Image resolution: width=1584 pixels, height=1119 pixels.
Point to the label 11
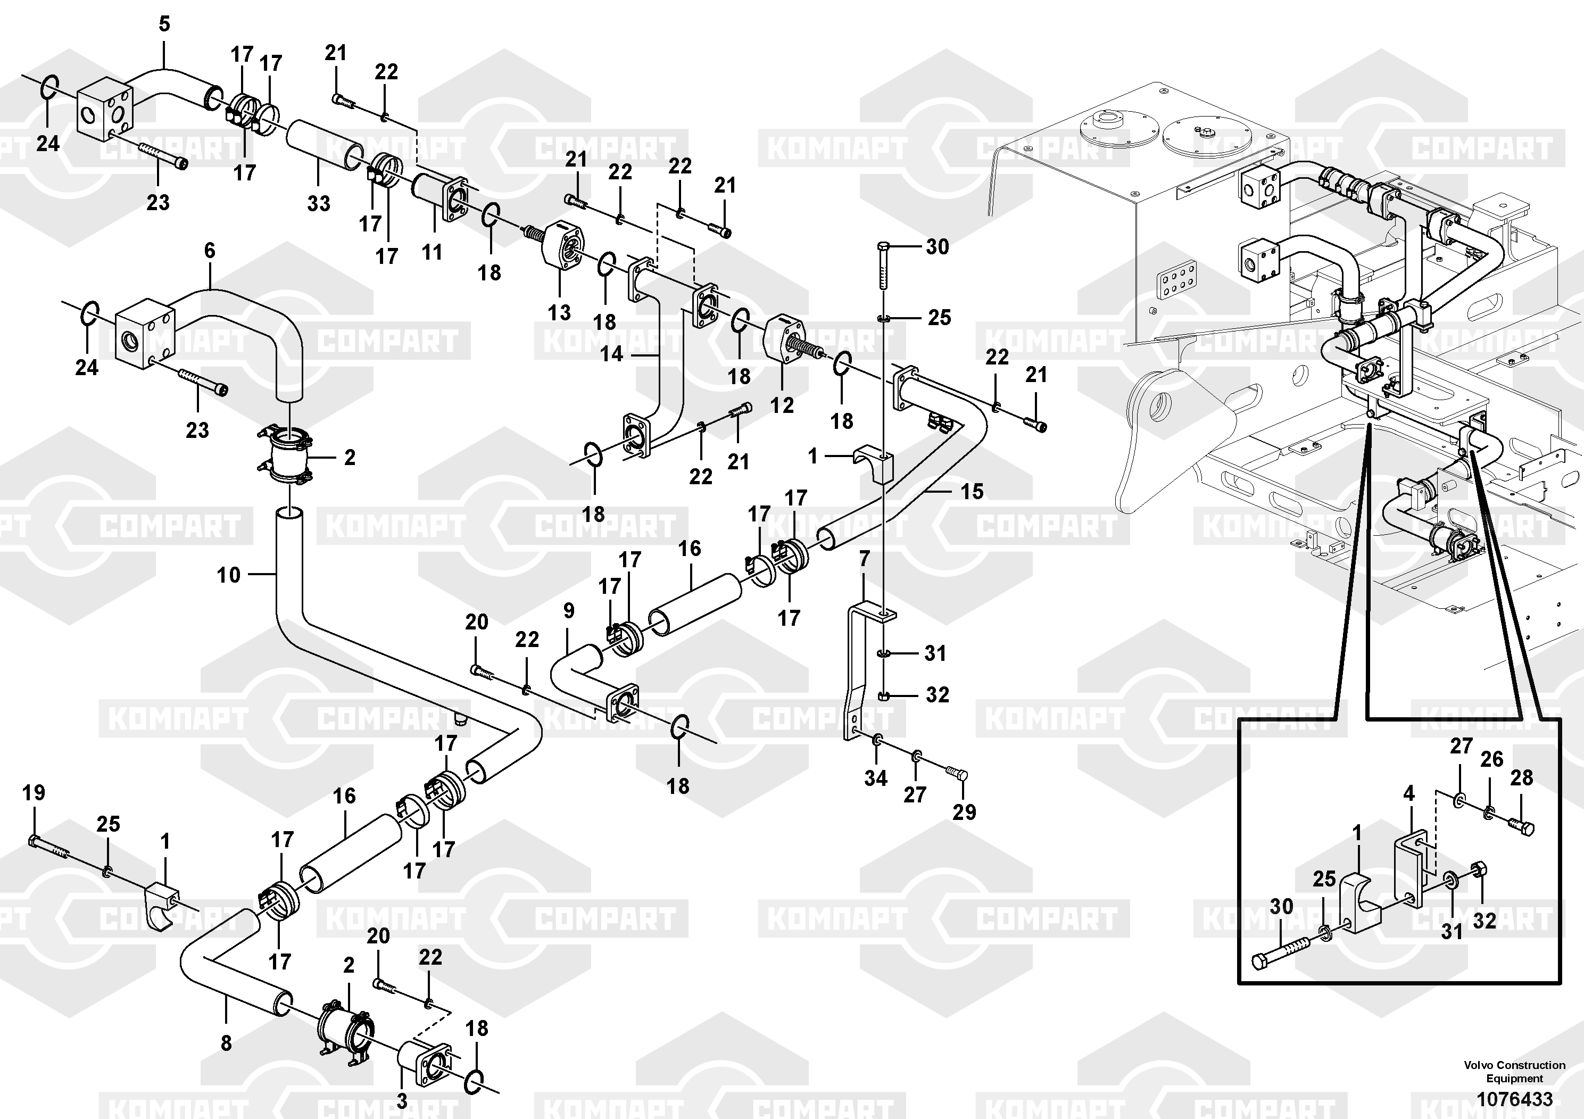pyautogui.click(x=432, y=253)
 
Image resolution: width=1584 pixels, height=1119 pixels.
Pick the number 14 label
pyautogui.click(x=611, y=354)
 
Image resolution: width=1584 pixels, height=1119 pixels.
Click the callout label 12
pyautogui.click(x=782, y=405)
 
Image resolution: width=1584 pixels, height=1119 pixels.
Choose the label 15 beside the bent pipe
pyautogui.click(x=972, y=491)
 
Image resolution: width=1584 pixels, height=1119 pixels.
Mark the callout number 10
pyautogui.click(x=229, y=575)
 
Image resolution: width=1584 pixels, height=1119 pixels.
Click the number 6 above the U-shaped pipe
pyautogui.click(x=210, y=251)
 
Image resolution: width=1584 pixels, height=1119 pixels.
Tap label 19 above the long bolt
pyautogui.click(x=34, y=793)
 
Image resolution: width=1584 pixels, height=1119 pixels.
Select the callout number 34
pyautogui.click(x=875, y=778)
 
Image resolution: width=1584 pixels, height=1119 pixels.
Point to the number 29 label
pyautogui.click(x=965, y=812)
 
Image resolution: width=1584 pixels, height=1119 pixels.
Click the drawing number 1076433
pyautogui.click(x=1514, y=1099)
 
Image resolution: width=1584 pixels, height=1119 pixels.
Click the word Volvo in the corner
pyautogui.click(x=1478, y=1065)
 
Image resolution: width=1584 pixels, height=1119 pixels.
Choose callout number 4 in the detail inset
pyautogui.click(x=1409, y=793)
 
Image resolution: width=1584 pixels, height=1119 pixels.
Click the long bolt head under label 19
pyautogui.click(x=33, y=841)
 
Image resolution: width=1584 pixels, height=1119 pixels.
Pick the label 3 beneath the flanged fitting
pyautogui.click(x=402, y=1100)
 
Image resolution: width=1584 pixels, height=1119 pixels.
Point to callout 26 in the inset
pyautogui.click(x=1491, y=759)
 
